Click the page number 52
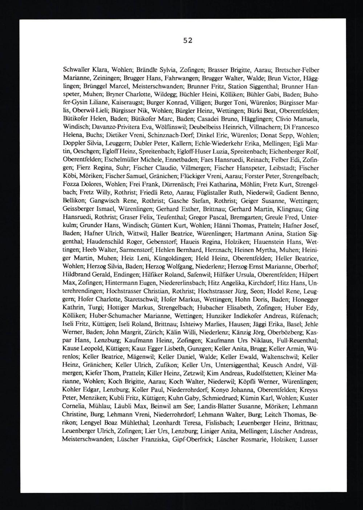187,40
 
